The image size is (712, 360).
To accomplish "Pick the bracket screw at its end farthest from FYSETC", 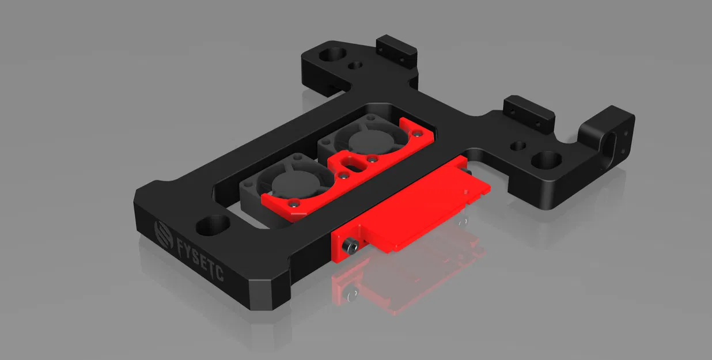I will click(414, 131).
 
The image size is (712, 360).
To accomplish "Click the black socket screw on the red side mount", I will click(349, 247).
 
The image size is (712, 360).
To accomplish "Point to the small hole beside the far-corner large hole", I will click(356, 66).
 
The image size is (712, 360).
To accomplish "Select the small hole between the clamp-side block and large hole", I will click(519, 146).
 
